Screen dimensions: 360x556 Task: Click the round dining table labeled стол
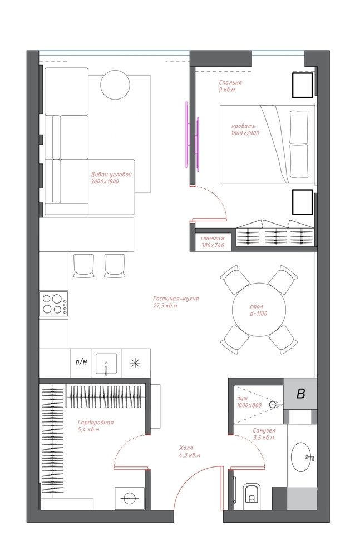tap(259, 310)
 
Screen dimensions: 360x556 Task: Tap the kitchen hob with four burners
tap(53, 304)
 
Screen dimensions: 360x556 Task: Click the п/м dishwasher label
tap(81, 363)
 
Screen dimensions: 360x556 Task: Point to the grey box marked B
tap(300, 393)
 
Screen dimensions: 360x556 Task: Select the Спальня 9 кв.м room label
tap(230, 86)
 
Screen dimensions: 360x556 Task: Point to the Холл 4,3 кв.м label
tap(190, 451)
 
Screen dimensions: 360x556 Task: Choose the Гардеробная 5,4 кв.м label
tap(96, 425)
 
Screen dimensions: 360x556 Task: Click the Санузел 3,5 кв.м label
tap(264, 434)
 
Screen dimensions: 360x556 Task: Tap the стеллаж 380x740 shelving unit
tap(213, 241)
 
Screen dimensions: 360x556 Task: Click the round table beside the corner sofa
tap(115, 86)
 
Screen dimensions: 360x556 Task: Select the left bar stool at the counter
tap(84, 265)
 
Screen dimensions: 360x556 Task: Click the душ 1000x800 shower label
tap(249, 402)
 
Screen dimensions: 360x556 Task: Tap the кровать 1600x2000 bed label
tap(245, 130)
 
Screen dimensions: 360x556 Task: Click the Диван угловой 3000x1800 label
tap(111, 178)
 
